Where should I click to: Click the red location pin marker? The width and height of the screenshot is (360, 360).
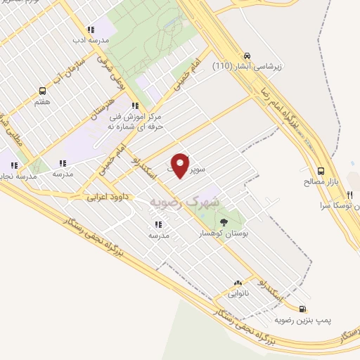click(181, 165)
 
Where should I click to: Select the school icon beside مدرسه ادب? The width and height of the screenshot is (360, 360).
click(90, 30)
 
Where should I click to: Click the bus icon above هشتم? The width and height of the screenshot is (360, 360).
click(43, 91)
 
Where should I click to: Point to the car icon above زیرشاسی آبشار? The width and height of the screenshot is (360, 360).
click(247, 56)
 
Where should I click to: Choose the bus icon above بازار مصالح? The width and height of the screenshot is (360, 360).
click(321, 171)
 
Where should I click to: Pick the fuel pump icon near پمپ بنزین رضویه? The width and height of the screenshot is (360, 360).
click(303, 309)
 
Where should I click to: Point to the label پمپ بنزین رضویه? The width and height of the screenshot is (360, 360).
click(303, 320)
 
